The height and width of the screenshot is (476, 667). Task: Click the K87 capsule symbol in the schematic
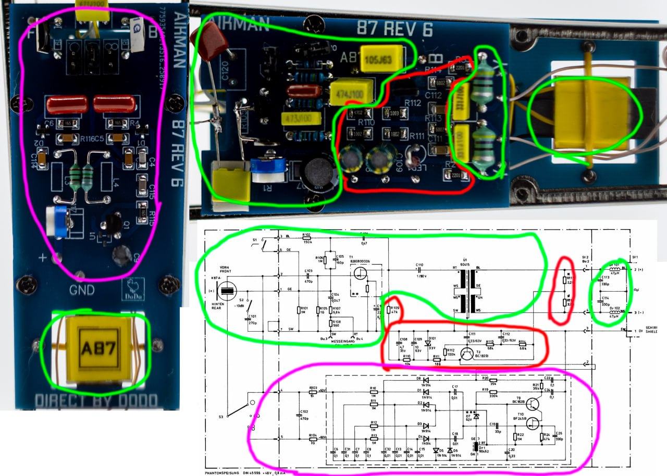(229, 290)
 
